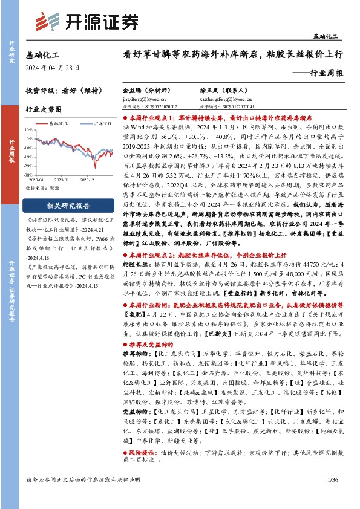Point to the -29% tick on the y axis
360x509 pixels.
(28, 164)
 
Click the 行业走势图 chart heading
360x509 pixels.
(44, 110)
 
